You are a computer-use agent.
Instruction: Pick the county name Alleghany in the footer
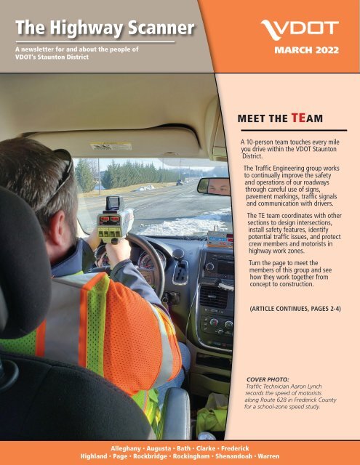(130, 442)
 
